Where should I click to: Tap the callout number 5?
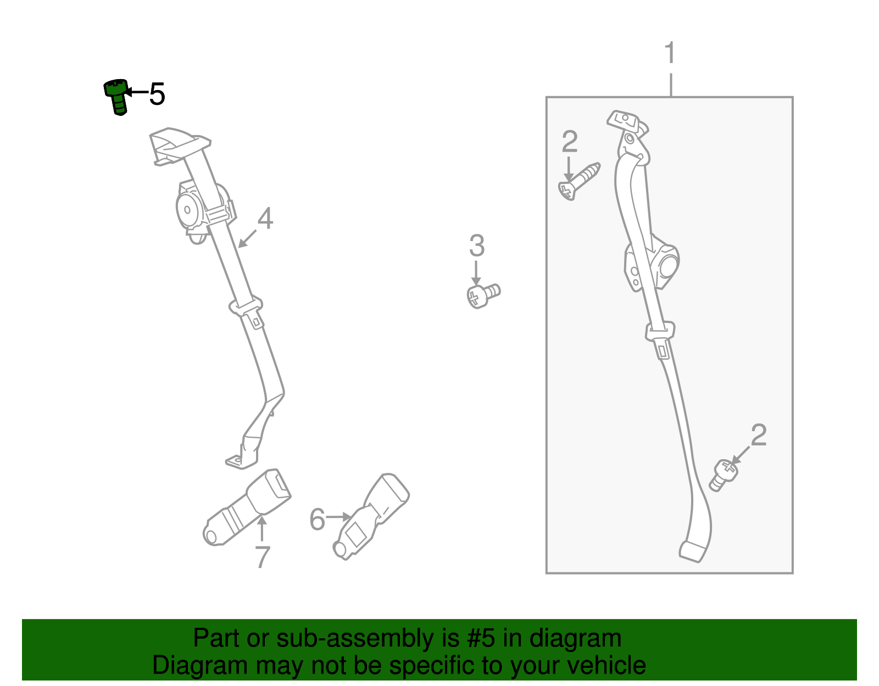pyautogui.click(x=157, y=94)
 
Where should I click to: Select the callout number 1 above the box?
pyautogui.click(x=670, y=53)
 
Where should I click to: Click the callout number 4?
pyautogui.click(x=265, y=218)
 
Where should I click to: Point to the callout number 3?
pyautogui.click(x=477, y=246)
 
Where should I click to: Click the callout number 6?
pyautogui.click(x=317, y=519)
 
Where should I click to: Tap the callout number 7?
pyautogui.click(x=262, y=557)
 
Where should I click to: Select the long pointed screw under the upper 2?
pyautogui.click(x=579, y=181)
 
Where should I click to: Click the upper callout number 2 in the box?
pyautogui.click(x=570, y=142)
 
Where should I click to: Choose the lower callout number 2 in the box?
pyautogui.click(x=759, y=435)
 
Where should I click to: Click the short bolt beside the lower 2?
pyautogui.click(x=724, y=476)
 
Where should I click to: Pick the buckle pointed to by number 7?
pyautogui.click(x=246, y=507)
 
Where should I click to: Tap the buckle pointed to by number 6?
pyautogui.click(x=371, y=516)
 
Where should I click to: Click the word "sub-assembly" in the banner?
pyautogui.click(x=368, y=639)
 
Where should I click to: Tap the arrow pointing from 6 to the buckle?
pyautogui.click(x=338, y=517)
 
